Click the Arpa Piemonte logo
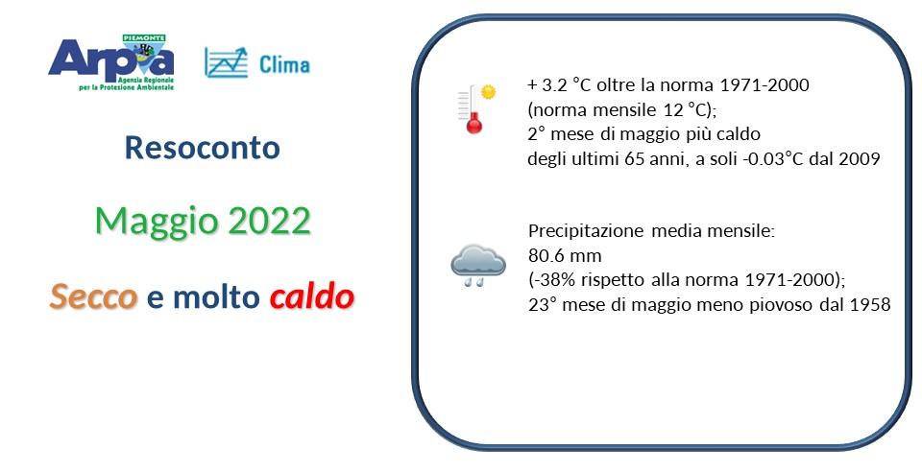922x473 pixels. pyautogui.click(x=110, y=62)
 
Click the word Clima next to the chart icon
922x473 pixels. pyautogui.click(x=284, y=64)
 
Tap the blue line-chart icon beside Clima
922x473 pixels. pyautogui.click(x=226, y=62)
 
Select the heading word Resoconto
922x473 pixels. pyautogui.click(x=203, y=148)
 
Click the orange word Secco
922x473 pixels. pyautogui.click(x=93, y=297)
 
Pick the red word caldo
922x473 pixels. pyautogui.click(x=312, y=297)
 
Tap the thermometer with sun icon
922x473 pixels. pyautogui.click(x=476, y=107)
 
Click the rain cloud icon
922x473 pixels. pyautogui.click(x=478, y=265)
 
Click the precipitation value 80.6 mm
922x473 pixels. pyautogui.click(x=564, y=256)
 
